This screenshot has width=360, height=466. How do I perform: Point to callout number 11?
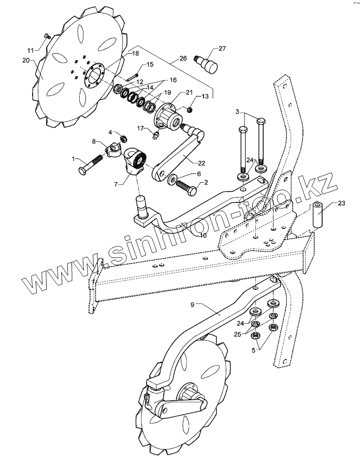point(30,50)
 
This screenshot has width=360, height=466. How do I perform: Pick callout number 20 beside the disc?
point(26,60)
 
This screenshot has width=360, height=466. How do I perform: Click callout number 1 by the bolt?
point(74,158)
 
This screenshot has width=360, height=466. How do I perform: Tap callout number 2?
point(206,182)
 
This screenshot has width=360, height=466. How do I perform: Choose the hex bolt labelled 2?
point(186,185)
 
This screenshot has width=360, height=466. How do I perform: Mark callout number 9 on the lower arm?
point(193,304)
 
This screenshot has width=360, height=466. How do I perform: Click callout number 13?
point(205,96)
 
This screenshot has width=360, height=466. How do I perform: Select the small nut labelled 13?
point(189,109)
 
